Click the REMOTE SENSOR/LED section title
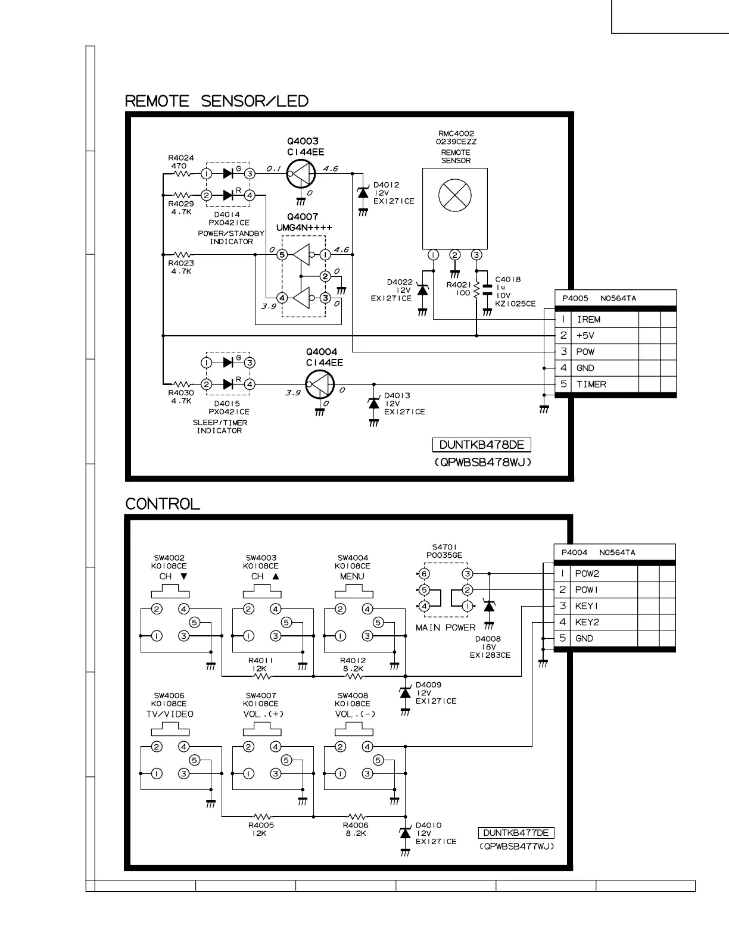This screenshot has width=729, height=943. (x=217, y=101)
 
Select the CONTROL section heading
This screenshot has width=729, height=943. (x=163, y=504)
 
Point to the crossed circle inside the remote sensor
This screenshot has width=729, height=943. (x=454, y=195)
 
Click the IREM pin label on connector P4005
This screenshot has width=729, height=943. (x=588, y=320)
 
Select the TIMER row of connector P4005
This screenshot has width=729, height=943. (x=591, y=385)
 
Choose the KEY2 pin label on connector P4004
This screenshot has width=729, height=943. (x=587, y=622)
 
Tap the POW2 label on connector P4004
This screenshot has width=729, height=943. (x=587, y=574)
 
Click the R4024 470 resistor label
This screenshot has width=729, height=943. (x=180, y=162)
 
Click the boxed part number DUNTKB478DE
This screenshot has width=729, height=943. (x=481, y=445)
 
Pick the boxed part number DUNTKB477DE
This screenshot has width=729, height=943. (x=516, y=833)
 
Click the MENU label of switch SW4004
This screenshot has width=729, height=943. (x=352, y=576)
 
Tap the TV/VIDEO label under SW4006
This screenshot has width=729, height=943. (x=170, y=714)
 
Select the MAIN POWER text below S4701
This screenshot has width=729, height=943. (x=445, y=627)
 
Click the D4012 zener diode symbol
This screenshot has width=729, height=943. (x=362, y=193)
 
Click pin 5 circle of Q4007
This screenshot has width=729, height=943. (x=282, y=255)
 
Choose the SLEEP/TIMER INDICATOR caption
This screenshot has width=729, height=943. (x=219, y=426)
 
